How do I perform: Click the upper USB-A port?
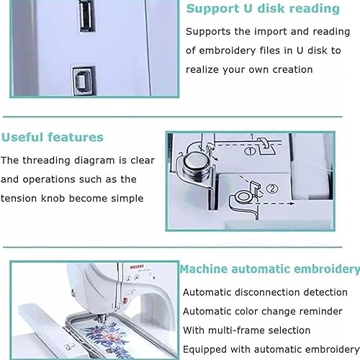86,16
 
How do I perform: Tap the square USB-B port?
84,81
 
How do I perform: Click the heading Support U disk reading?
263,9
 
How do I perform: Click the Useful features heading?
53,138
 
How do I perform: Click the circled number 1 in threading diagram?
250,151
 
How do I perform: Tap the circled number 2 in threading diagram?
272,189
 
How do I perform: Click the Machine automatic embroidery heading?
270,269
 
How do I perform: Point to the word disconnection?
267,292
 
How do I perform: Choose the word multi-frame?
234,330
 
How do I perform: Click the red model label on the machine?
137,266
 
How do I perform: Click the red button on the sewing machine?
125,300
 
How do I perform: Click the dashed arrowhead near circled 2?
292,204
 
